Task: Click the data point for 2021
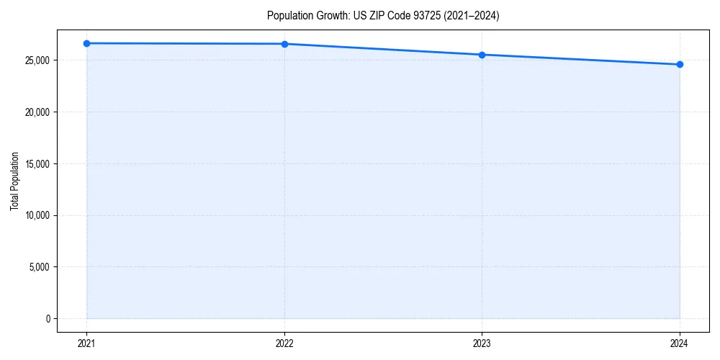pyautogui.click(x=86, y=43)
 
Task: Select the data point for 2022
pyautogui.click(x=284, y=44)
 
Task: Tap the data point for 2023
pyautogui.click(x=482, y=55)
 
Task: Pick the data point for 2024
pyautogui.click(x=680, y=65)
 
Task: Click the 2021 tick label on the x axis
pyautogui.click(x=86, y=343)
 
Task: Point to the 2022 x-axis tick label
pyautogui.click(x=284, y=343)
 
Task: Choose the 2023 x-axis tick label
pyautogui.click(x=482, y=343)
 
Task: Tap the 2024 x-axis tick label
pyautogui.click(x=680, y=343)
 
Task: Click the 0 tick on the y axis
pyautogui.click(x=48, y=319)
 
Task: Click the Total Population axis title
pyautogui.click(x=14, y=181)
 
